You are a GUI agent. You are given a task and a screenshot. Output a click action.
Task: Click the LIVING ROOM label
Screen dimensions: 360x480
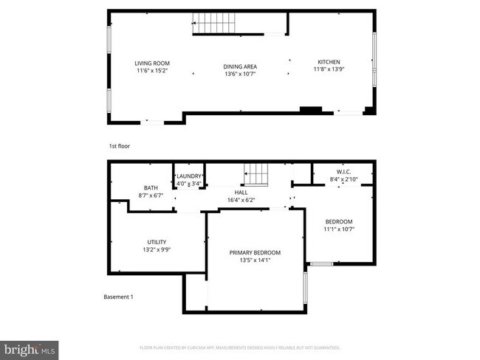[x=152, y=63]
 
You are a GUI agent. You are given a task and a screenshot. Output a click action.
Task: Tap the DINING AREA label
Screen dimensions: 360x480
[x=240, y=67]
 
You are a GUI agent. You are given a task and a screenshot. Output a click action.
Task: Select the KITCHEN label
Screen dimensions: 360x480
[x=329, y=61]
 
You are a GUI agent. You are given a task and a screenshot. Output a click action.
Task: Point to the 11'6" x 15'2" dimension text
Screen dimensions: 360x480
[x=152, y=72]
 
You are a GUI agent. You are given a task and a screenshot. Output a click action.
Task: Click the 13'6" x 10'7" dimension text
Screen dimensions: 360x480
[x=240, y=75]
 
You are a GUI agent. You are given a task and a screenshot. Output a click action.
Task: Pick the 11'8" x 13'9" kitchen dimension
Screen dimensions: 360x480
[x=329, y=70]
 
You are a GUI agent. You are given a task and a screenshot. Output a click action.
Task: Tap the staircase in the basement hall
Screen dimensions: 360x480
[x=256, y=174]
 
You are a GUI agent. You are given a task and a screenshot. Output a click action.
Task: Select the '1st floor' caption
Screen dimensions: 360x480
[x=119, y=146]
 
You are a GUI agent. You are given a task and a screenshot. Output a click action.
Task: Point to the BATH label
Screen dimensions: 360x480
[x=151, y=187]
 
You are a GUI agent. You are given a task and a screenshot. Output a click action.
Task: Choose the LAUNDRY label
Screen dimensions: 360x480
[x=190, y=176]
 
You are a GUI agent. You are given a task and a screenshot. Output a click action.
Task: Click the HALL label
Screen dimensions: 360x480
[x=241, y=191]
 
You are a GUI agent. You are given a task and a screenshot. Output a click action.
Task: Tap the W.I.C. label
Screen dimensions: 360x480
[x=342, y=171]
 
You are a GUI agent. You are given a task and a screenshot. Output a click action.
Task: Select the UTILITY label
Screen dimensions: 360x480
[x=157, y=242]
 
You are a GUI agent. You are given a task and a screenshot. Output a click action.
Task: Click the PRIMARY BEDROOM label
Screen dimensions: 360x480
[x=255, y=252]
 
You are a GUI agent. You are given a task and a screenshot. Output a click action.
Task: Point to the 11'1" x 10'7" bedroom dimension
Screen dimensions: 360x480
[x=339, y=229]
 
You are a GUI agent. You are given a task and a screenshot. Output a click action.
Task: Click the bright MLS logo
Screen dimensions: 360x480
[x=30, y=347]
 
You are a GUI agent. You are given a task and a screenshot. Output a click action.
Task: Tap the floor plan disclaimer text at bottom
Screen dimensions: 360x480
[x=240, y=347]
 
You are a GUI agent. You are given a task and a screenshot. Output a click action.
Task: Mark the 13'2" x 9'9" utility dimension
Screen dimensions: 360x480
[x=157, y=250]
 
